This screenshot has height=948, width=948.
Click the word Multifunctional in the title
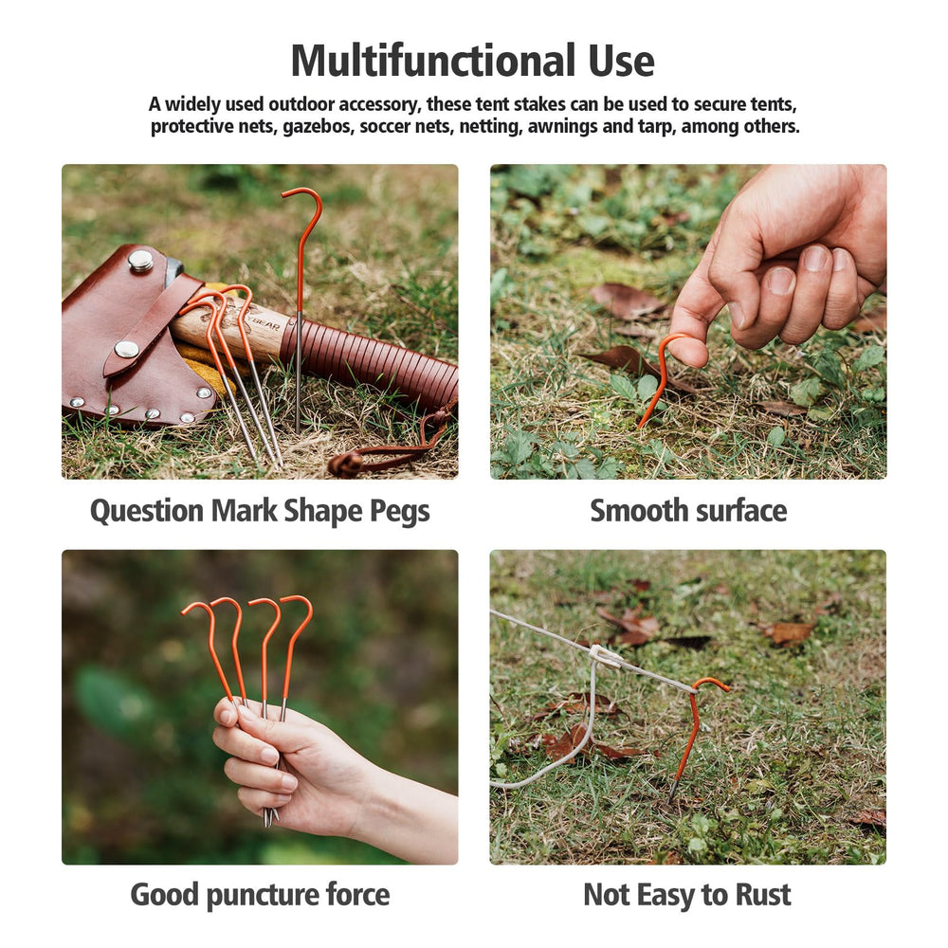pos(433,61)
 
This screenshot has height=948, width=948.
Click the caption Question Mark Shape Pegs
pos(260,512)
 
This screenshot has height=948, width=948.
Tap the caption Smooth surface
pos(688,511)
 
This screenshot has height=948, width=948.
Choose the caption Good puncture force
pos(260,896)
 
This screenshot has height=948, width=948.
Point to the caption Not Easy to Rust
pos(686,895)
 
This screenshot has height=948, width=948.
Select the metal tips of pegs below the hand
pos(270,815)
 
